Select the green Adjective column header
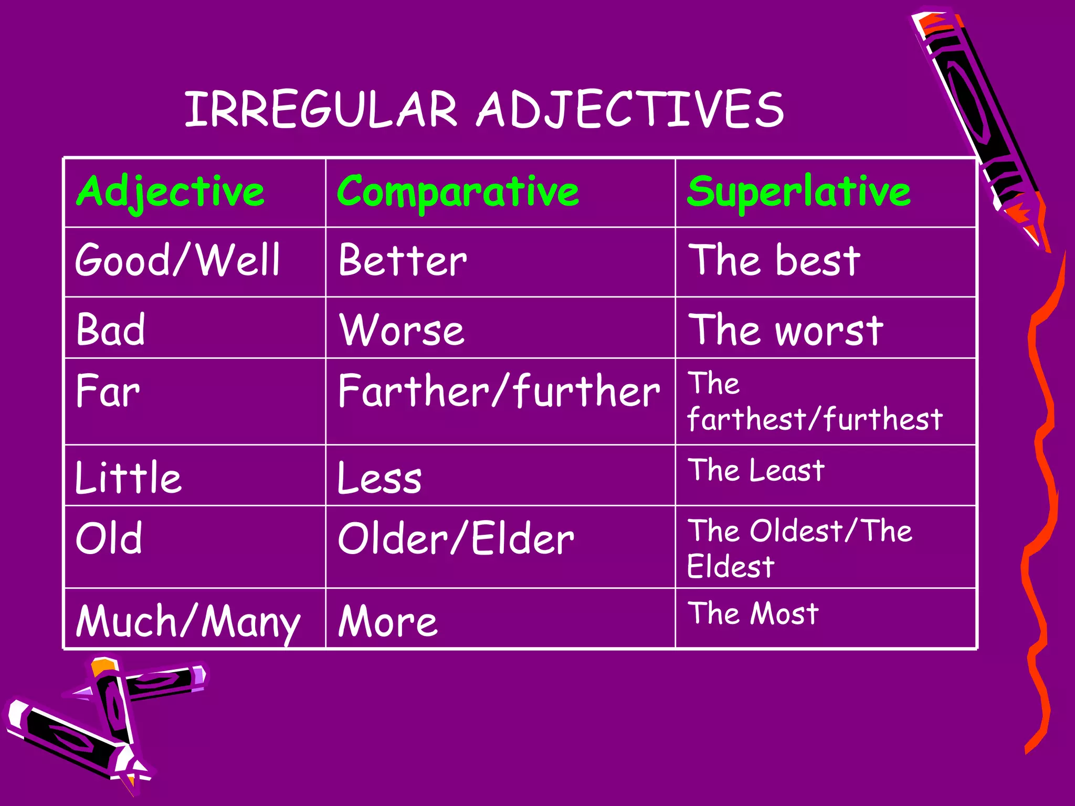pos(171,192)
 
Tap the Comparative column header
pos(458,192)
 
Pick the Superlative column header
pos(798,192)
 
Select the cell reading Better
pos(403,260)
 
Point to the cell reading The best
pos(774,260)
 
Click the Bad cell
pos(111,330)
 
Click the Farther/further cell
pos(499,391)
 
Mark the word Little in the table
pos(129,478)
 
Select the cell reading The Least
pos(756,470)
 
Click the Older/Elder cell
pos(456,539)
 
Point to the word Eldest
pos(731,567)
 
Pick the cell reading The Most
pos(753,613)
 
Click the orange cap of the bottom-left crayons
pos(102,666)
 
